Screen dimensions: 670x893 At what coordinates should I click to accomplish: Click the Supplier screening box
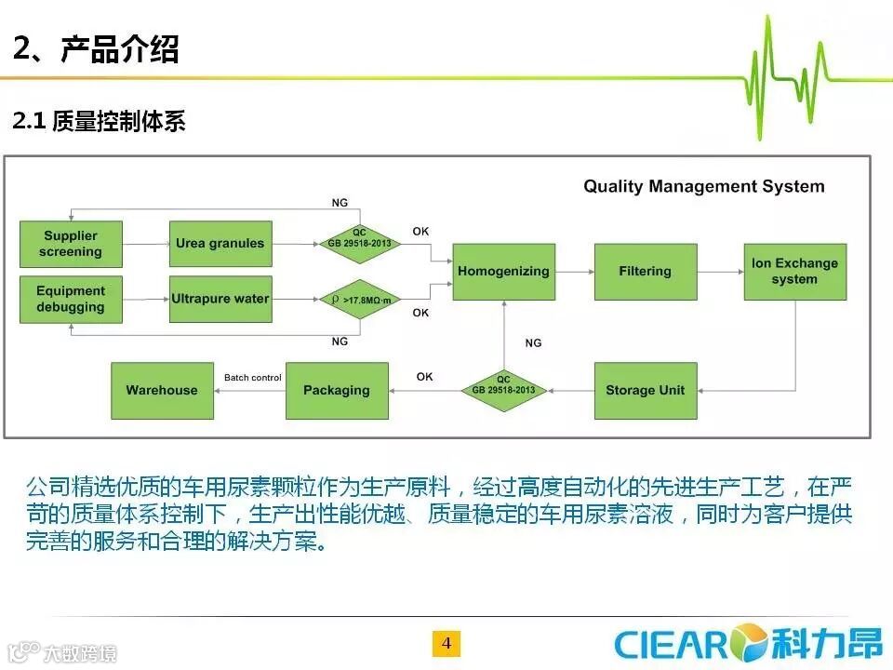[71, 244]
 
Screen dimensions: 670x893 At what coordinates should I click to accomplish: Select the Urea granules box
[220, 244]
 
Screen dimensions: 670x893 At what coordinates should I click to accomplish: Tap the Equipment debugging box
[71, 299]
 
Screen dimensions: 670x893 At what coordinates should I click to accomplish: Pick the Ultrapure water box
[220, 299]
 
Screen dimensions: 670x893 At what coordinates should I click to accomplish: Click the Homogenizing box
[503, 272]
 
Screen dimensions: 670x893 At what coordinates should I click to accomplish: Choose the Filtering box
[645, 272]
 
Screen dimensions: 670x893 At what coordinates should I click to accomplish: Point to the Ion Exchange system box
[794, 272]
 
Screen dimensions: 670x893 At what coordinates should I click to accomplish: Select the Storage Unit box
[645, 391]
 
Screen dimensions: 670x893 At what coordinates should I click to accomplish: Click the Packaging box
[337, 391]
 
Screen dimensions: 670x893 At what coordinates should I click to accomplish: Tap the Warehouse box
[162, 391]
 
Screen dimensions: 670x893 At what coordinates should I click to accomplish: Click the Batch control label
[252, 378]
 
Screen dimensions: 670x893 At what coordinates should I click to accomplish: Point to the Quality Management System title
[703, 186]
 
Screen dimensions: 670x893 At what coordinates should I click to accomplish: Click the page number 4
[446, 644]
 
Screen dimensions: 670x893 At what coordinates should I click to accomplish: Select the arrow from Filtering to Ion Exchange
[720, 272]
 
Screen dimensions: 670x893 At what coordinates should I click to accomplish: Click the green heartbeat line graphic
[800, 79]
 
